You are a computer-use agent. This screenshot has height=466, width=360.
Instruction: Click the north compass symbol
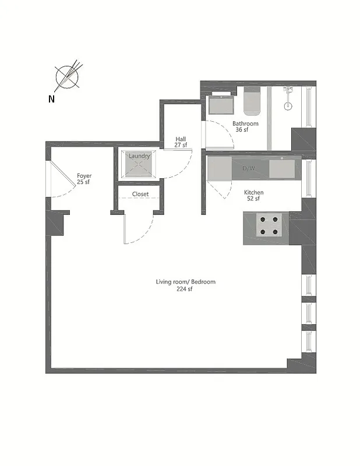(x=68, y=76)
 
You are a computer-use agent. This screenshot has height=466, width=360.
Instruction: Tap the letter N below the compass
(x=52, y=99)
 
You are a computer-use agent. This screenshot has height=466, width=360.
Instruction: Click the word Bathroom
(x=245, y=123)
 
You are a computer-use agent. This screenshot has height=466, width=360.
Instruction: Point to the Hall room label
(x=181, y=139)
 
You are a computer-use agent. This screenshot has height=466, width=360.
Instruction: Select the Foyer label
(x=84, y=176)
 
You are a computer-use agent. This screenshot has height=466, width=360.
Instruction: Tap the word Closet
(x=140, y=194)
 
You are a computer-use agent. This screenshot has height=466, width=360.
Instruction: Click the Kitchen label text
(x=253, y=192)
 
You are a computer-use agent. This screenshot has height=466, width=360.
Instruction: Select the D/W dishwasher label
(x=248, y=169)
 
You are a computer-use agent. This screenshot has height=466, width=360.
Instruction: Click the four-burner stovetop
(x=270, y=225)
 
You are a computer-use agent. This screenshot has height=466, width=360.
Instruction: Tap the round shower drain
(x=287, y=106)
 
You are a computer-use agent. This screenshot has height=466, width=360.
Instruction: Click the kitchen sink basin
(x=282, y=168)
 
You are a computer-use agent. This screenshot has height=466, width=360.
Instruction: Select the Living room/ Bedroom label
(x=185, y=282)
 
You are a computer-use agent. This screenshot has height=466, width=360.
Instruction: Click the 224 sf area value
(x=184, y=289)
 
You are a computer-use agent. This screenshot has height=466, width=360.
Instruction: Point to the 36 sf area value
(x=242, y=130)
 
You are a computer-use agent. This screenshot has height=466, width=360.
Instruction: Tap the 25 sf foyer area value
(x=84, y=182)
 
